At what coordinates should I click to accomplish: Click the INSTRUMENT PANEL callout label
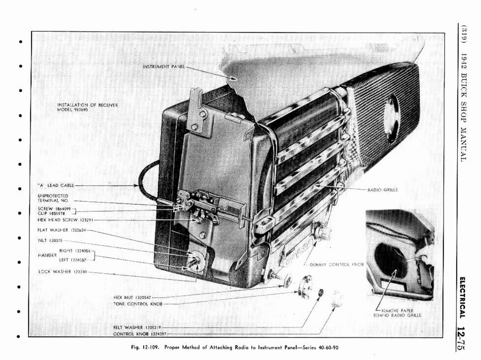tap(163, 67)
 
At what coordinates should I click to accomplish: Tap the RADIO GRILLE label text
tap(382, 190)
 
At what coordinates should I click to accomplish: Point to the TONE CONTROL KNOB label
tap(138, 304)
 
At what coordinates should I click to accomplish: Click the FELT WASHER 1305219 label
tap(138, 327)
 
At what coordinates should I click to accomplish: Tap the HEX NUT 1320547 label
tap(132, 297)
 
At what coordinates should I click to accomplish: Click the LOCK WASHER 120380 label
tap(61, 272)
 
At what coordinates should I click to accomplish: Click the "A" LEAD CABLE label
tap(55, 185)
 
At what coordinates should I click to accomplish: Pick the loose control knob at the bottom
tap(337, 299)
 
